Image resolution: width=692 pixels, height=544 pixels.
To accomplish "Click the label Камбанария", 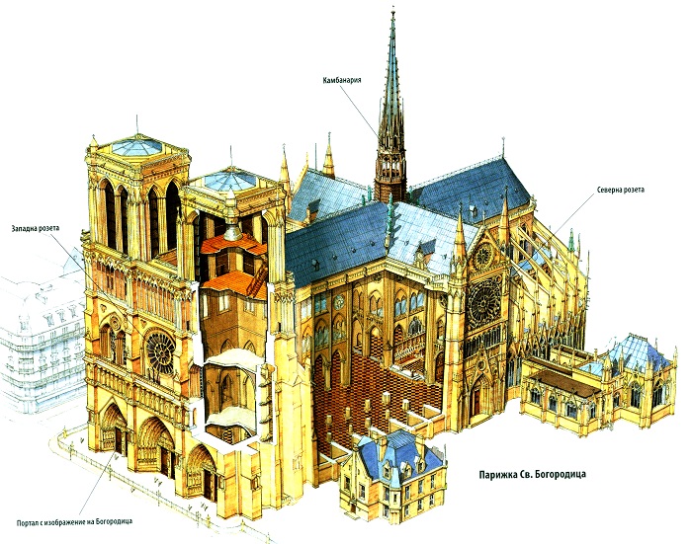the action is tap(342, 80).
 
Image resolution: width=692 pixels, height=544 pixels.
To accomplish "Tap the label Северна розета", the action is tap(621, 190).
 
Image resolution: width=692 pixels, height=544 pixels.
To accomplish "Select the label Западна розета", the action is tap(37, 228).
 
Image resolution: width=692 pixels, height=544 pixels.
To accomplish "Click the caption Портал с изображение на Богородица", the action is tap(74, 522).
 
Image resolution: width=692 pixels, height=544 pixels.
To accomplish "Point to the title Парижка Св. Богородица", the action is tap(532, 474).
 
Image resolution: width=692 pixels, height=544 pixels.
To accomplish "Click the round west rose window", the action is tap(160, 352).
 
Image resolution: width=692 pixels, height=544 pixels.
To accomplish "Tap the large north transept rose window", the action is tap(484, 301).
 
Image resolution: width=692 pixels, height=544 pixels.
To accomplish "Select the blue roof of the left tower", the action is tap(136, 146).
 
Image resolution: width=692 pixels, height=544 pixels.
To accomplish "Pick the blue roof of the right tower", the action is tap(229, 180).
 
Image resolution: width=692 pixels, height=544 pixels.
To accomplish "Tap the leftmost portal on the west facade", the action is tap(115, 427).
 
